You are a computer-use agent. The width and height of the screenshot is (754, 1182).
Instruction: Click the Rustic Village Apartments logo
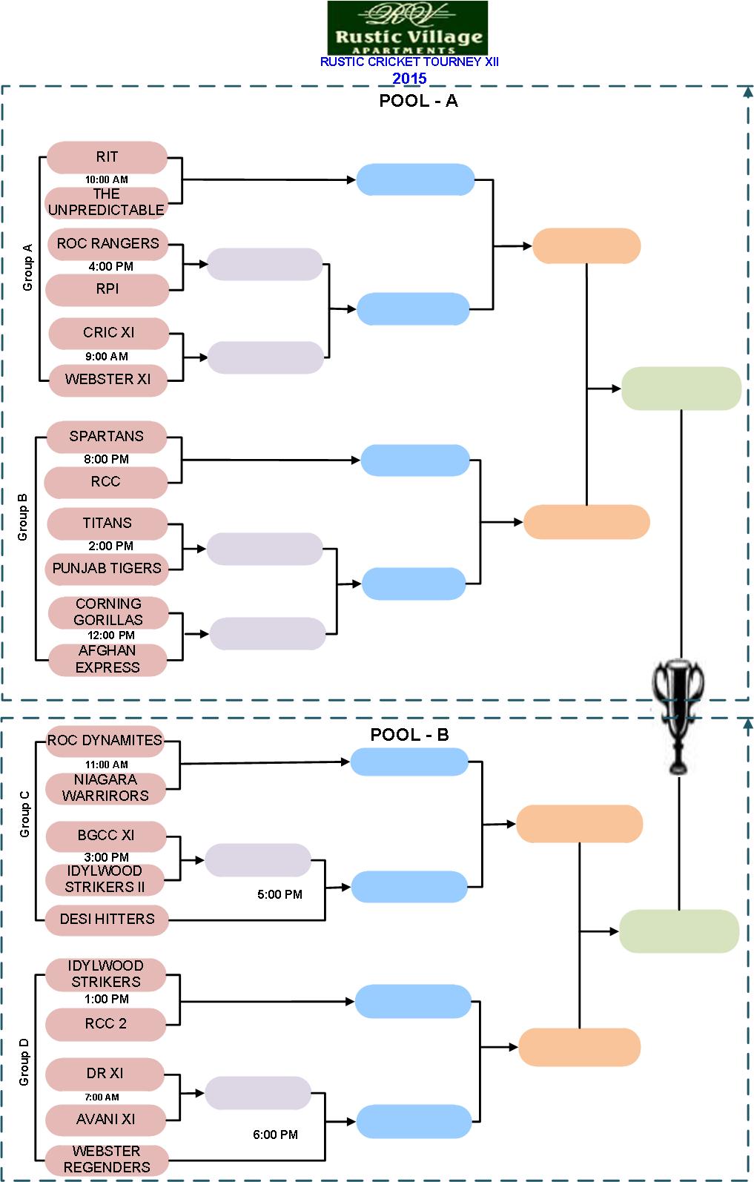408,27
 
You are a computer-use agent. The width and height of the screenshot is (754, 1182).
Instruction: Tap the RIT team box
107,156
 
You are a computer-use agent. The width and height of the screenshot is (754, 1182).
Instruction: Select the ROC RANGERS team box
108,243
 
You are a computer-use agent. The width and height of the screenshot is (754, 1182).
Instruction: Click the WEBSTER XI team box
108,379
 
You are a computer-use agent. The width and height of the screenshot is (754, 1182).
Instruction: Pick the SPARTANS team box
106,436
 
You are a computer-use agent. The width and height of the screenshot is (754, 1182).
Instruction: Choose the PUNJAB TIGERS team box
107,568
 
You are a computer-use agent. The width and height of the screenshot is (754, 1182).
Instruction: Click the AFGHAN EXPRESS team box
108,659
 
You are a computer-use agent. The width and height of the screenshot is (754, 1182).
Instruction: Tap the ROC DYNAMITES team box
105,740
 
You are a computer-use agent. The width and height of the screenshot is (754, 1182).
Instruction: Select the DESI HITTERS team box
107,919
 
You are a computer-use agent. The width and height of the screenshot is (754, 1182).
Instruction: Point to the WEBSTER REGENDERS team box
107,1159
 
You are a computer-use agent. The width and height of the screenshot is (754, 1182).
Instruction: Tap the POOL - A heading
418,101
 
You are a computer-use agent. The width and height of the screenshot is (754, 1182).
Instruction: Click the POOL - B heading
409,734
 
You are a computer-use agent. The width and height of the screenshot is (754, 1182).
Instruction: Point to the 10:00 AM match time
106,179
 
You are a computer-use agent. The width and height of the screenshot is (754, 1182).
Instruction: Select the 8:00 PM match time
106,459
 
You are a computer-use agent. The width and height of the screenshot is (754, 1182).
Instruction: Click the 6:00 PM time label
275,1135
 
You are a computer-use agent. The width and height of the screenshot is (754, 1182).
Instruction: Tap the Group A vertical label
27,267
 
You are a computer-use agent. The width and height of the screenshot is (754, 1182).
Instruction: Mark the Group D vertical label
24,1062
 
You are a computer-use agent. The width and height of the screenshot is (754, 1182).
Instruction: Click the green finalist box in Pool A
681,388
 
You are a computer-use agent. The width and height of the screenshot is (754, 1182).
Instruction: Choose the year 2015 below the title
409,78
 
